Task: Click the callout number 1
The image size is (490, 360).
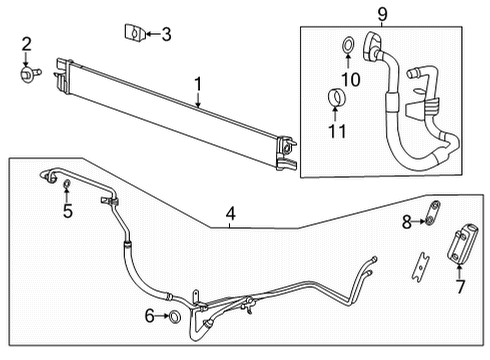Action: pyautogui.click(x=199, y=85)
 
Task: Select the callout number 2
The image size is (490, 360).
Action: pyautogui.click(x=27, y=43)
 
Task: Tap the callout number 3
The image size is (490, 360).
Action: pyautogui.click(x=166, y=35)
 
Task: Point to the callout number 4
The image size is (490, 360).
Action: pyautogui.click(x=230, y=212)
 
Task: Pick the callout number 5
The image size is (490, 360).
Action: pyautogui.click(x=68, y=210)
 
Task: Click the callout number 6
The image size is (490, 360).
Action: pyautogui.click(x=150, y=317)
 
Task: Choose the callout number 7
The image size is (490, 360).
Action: pyautogui.click(x=460, y=287)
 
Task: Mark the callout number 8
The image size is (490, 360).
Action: pyautogui.click(x=407, y=220)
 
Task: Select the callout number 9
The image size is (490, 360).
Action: pyautogui.click(x=381, y=14)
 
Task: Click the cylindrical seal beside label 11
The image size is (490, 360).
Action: pyautogui.click(x=337, y=98)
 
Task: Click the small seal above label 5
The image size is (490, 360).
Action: pyautogui.click(x=66, y=187)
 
